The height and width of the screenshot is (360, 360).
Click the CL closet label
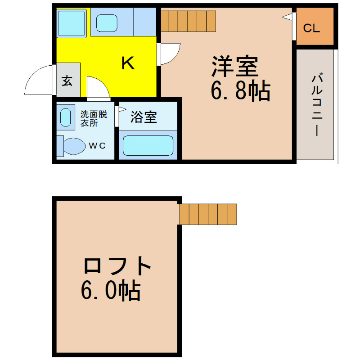click(x=311, y=28)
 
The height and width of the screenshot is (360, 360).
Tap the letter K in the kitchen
click(x=128, y=63)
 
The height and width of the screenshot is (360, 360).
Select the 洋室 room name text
click(x=234, y=66)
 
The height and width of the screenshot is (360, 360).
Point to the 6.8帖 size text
click(x=240, y=91)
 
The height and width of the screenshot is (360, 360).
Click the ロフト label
click(x=117, y=266)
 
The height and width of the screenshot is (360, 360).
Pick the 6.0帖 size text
click(x=111, y=290)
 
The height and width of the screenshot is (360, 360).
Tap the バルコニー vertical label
click(x=317, y=104)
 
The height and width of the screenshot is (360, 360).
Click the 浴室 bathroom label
click(x=144, y=117)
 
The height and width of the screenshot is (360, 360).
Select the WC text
click(x=97, y=145)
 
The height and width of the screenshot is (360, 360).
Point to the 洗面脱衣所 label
click(x=94, y=118)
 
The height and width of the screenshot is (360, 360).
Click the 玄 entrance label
click(x=67, y=81)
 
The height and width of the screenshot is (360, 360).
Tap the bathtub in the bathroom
click(x=148, y=145)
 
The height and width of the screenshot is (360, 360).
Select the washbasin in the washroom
click(x=66, y=117)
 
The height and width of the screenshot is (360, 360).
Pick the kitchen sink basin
click(x=107, y=23)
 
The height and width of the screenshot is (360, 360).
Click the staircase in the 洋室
click(x=188, y=21)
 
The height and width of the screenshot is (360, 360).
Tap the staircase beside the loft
click(x=208, y=214)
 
